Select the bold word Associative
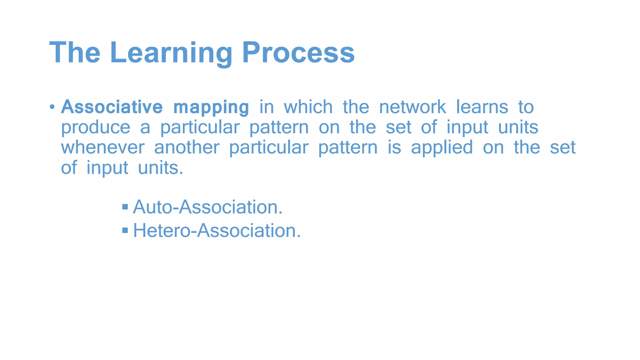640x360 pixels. [x=112, y=107]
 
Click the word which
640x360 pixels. [x=308, y=107]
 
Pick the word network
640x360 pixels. [x=412, y=107]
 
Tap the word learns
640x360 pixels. [x=482, y=107]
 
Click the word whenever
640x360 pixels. [x=102, y=147]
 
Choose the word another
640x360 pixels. [x=187, y=147]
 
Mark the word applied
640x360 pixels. [x=442, y=148]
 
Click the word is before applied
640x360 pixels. [x=394, y=147]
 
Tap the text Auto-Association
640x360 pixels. [x=208, y=207]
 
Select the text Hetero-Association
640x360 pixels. [x=217, y=231]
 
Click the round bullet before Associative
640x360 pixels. [x=52, y=107]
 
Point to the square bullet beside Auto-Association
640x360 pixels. [x=125, y=207]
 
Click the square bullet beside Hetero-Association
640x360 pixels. [x=125, y=231]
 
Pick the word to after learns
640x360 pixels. [x=526, y=107]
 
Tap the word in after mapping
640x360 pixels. [x=267, y=107]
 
